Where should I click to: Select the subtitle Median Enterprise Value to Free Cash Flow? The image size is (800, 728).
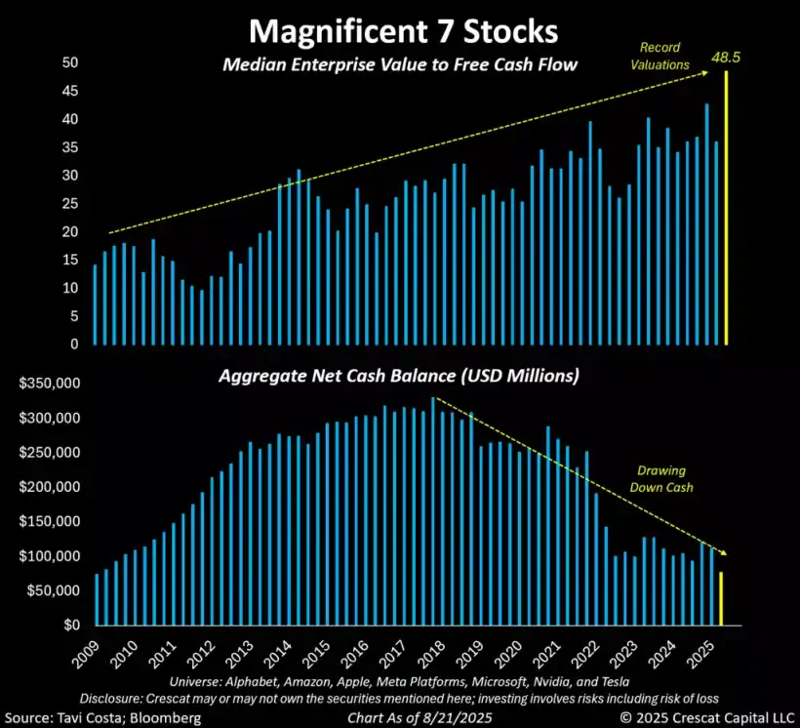[401, 65]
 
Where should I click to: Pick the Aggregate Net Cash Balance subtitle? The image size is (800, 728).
[401, 376]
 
